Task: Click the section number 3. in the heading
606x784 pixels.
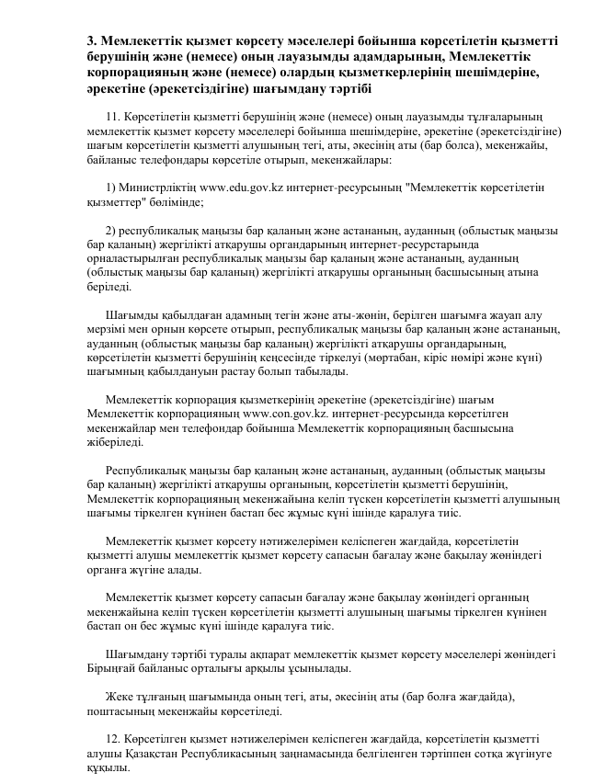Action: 92,41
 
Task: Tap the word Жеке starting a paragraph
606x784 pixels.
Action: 120,696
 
